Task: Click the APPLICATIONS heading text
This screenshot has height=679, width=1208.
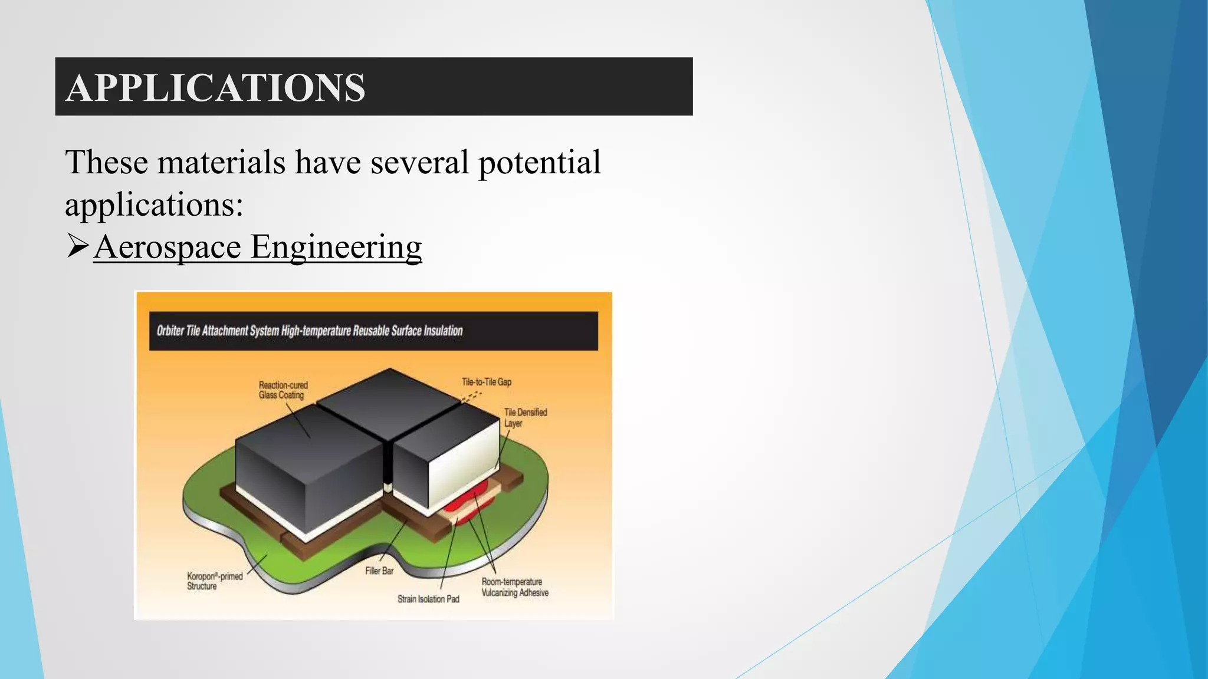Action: (x=215, y=88)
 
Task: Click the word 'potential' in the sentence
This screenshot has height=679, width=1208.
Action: (x=539, y=162)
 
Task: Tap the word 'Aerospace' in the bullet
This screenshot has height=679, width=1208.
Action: (x=167, y=246)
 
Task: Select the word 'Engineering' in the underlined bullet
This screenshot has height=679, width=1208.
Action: (x=336, y=246)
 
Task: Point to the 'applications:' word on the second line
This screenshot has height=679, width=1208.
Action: (x=154, y=205)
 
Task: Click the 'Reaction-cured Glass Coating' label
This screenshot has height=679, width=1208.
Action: (x=283, y=390)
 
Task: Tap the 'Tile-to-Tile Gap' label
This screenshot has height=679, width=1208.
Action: (x=486, y=382)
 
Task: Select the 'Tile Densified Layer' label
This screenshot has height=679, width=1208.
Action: (x=525, y=417)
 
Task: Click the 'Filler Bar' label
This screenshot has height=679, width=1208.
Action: (x=379, y=571)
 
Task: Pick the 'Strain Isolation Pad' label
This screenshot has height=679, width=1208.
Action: (x=428, y=599)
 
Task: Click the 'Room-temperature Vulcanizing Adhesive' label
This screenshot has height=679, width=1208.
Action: (x=514, y=587)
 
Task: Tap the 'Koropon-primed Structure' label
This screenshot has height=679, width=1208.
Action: (x=215, y=581)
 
